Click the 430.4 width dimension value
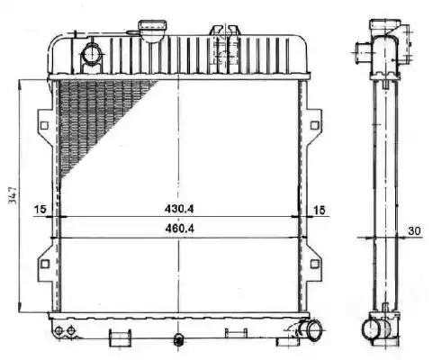[x=179, y=208]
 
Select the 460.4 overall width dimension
[x=179, y=229]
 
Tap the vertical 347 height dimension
[x=13, y=195]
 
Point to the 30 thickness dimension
[x=414, y=230]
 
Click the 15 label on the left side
[x=40, y=209]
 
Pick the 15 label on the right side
[x=319, y=210]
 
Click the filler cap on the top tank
[x=152, y=30]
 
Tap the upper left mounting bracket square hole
[x=44, y=125]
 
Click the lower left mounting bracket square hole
[x=45, y=264]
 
